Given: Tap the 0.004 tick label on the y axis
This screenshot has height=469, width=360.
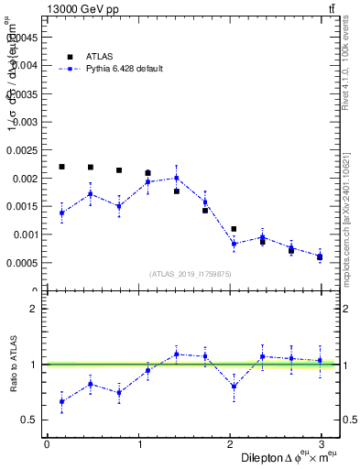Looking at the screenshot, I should (27, 65).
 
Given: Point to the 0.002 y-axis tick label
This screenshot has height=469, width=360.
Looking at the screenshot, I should (27, 178).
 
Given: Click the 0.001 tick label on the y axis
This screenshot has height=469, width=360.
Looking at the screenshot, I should (27, 234).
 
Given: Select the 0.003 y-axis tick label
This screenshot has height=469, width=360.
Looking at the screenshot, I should (27, 122).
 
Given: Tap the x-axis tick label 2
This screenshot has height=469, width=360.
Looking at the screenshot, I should (230, 444).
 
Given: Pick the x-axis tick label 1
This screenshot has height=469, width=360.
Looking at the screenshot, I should (138, 444).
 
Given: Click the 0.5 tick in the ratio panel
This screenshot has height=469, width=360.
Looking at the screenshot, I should (31, 420).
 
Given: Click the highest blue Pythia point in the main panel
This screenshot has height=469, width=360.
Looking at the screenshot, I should (176, 178).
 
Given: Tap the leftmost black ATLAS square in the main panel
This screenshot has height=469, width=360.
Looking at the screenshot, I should (61, 167).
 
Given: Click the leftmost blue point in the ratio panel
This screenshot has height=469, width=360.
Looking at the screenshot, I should (61, 401).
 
